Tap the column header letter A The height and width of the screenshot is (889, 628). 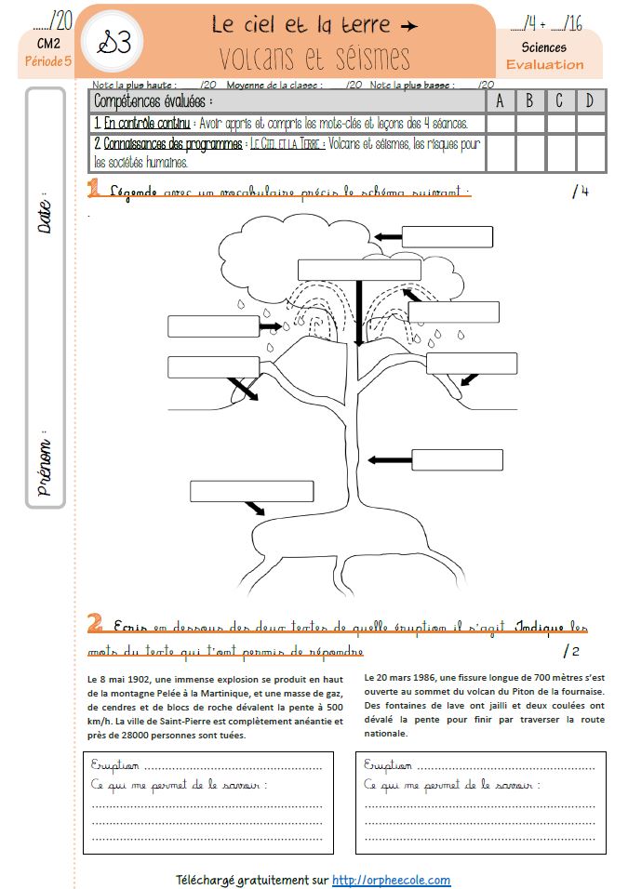(500, 100)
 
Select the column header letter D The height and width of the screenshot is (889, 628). (590, 100)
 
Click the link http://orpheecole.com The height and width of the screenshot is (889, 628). (391, 880)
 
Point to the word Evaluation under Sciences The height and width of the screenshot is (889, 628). (544, 65)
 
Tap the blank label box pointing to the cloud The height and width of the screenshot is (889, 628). (447, 237)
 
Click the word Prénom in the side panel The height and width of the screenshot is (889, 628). (45, 460)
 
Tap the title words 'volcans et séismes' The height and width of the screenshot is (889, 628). (315, 58)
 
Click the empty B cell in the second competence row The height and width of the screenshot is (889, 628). (529, 153)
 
